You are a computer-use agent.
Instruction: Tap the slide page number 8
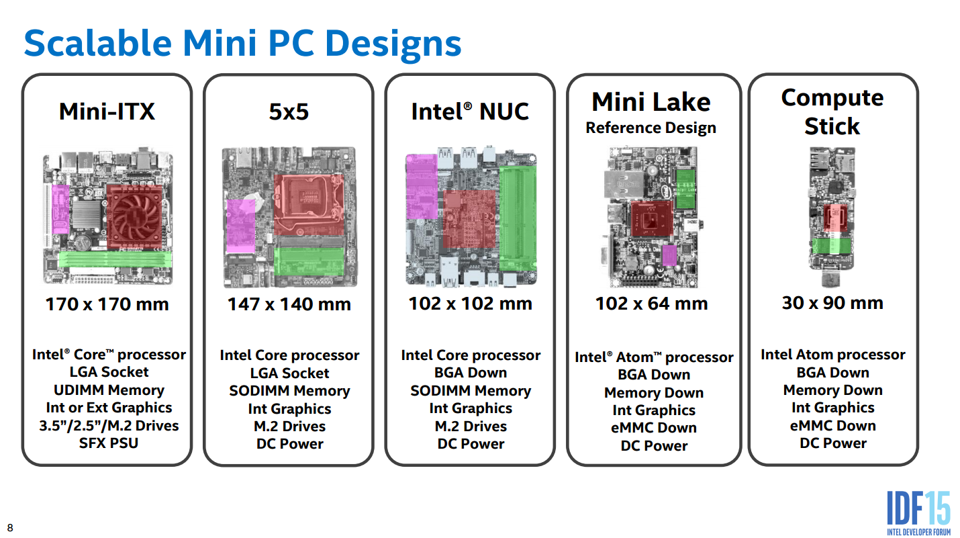coord(10,527)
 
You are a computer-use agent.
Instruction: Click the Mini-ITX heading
coord(107,111)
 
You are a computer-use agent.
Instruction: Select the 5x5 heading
coord(289,111)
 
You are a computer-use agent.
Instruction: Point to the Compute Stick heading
coord(832,111)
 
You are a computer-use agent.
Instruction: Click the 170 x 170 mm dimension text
coord(107,304)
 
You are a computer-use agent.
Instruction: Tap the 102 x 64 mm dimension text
coord(651,304)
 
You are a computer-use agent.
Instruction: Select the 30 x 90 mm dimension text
coord(832,303)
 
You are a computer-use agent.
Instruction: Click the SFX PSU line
coord(108,443)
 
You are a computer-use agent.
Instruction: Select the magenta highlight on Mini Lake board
coord(669,255)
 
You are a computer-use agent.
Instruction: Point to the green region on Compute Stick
coord(832,246)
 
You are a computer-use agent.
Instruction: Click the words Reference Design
coord(651,128)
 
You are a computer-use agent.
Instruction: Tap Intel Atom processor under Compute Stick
coord(832,355)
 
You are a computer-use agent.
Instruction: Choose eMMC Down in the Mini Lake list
coord(654,428)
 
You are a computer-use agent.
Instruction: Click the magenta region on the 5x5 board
coord(240,225)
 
